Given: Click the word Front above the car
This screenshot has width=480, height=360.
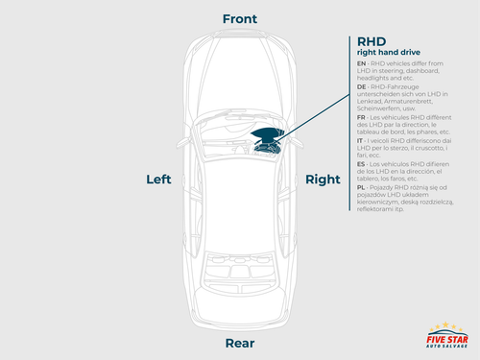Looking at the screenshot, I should click(239, 19).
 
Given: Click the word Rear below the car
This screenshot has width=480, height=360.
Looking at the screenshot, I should click(239, 343).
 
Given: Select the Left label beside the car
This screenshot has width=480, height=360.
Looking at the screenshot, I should click(158, 180).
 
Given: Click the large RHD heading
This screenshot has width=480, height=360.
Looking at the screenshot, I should click(372, 41).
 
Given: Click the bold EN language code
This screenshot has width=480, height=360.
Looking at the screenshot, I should click(361, 61).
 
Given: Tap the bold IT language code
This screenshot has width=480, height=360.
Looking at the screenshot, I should click(360, 141).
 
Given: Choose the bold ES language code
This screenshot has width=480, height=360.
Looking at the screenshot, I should click(361, 163).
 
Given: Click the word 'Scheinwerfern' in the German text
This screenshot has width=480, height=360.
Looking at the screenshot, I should click(380, 110).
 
